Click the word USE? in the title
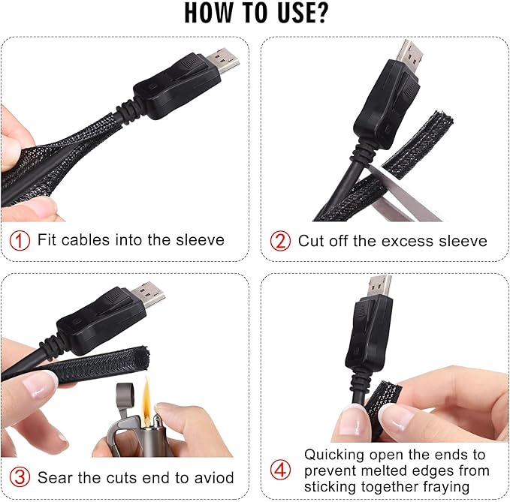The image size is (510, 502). click(x=302, y=12)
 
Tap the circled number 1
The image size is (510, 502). click(x=20, y=240)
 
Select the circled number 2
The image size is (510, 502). click(x=280, y=240)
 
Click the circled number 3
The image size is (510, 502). click(x=20, y=477)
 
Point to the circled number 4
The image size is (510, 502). click(x=280, y=470)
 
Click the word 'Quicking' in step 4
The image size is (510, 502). click(x=334, y=455)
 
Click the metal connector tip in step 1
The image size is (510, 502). click(x=223, y=61)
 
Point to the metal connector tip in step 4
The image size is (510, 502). click(x=379, y=286)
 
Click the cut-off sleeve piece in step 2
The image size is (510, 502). click(x=418, y=146)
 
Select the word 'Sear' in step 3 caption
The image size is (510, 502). click(x=55, y=478)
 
